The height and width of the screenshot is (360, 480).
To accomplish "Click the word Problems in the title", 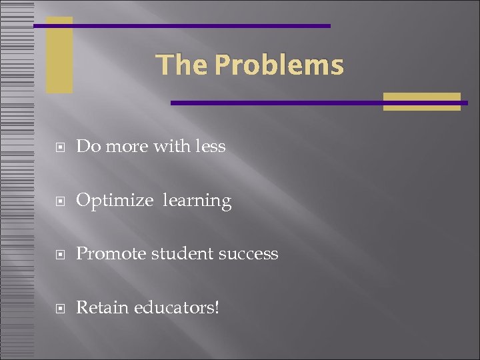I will coord(279,65).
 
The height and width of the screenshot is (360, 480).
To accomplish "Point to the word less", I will coord(211,146).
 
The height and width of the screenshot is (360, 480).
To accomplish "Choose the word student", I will coord(178,254).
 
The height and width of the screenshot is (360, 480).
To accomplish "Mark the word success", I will coord(248,254).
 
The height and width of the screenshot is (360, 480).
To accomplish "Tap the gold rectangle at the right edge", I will coord(421,101).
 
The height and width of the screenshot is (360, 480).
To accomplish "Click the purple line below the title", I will coord(280,103).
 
